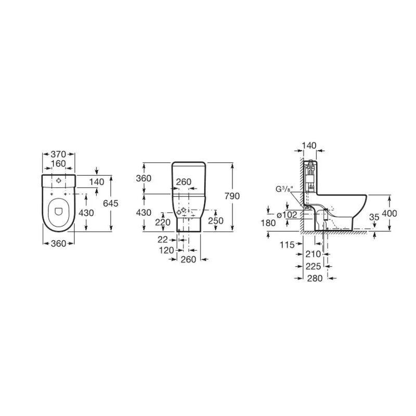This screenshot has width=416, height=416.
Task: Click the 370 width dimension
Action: click(58, 154)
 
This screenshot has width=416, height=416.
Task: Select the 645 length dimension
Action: click(111, 203)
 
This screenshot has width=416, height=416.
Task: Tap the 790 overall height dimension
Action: click(232, 196)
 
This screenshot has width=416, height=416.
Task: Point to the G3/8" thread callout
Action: click(283, 189)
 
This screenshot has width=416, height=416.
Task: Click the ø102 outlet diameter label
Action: click(287, 215)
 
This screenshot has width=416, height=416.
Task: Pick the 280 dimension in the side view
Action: click(315, 278)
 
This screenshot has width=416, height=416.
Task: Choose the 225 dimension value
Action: click(314, 266)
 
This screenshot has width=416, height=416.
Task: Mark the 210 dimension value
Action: click(314, 254)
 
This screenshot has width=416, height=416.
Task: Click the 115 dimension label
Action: click(288, 244)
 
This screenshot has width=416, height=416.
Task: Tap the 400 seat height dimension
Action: click(389, 213)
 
